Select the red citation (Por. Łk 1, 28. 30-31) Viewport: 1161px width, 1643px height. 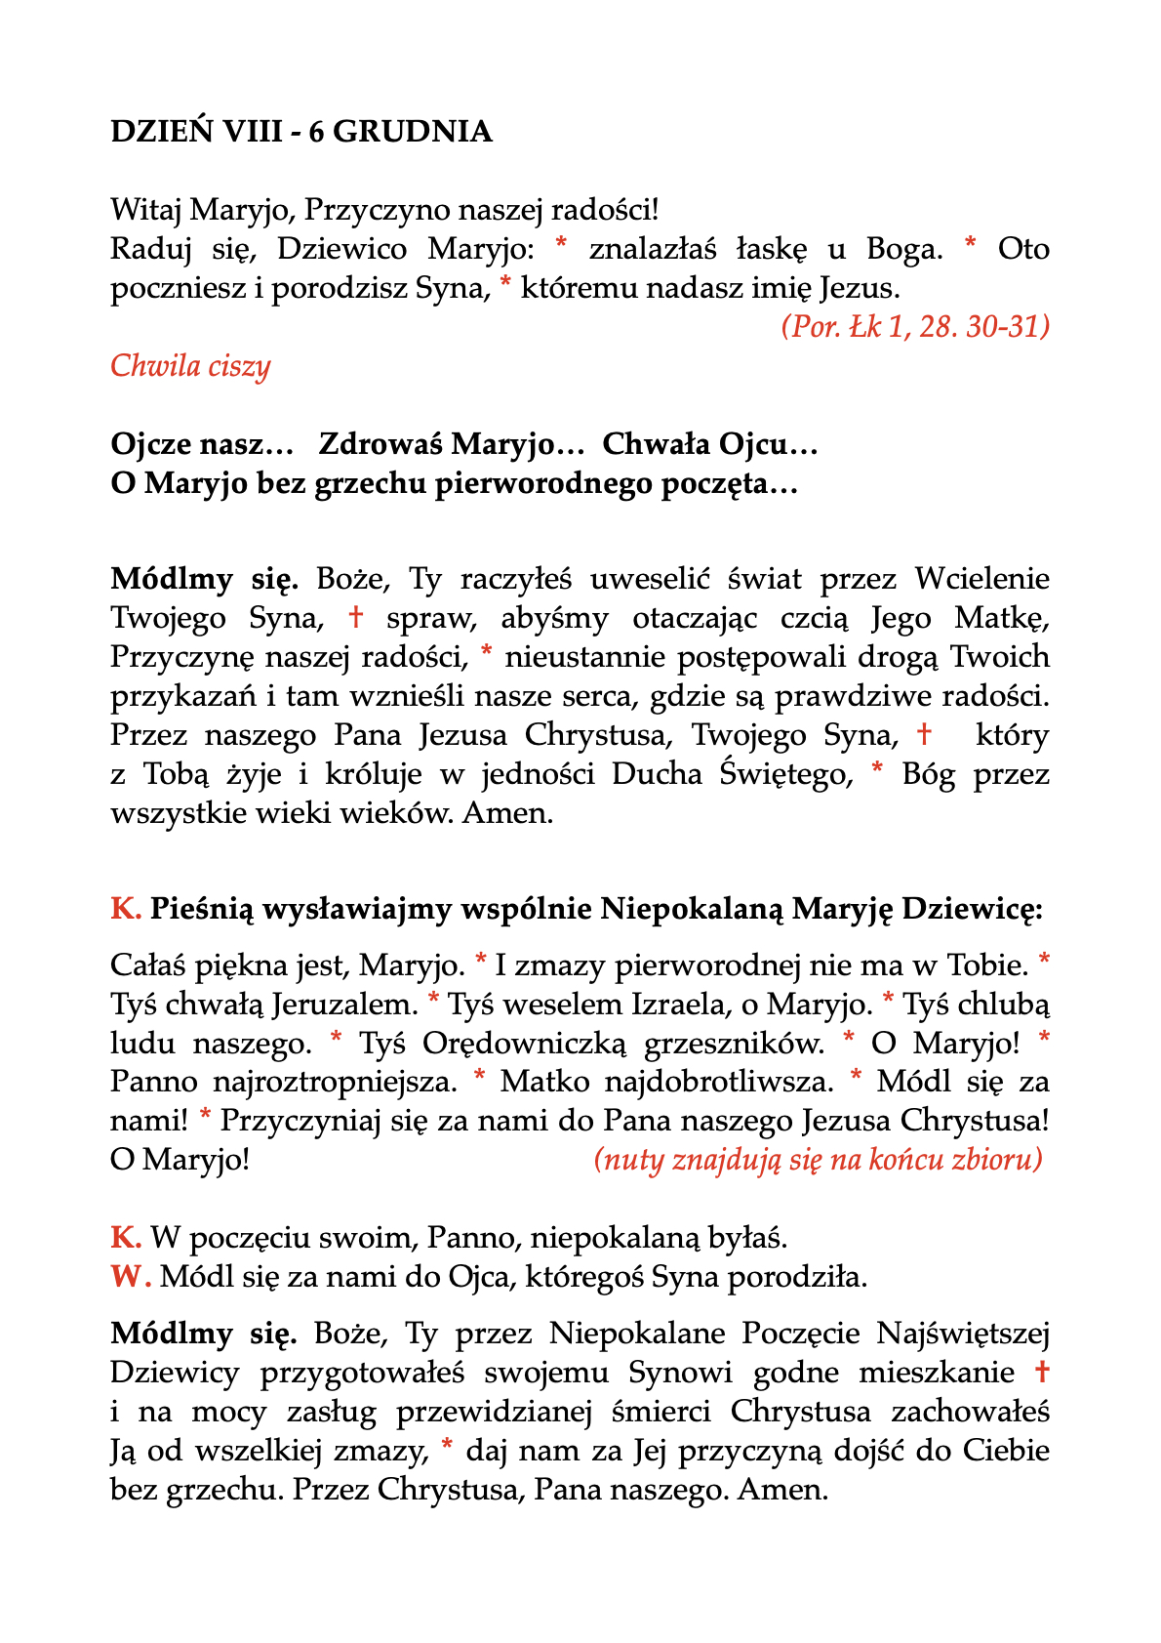coord(915,326)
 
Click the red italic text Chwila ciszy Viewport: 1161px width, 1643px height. coord(190,366)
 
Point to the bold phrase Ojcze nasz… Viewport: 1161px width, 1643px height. coord(202,445)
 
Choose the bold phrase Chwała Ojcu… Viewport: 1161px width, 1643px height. coord(709,445)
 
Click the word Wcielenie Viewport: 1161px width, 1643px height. coord(981,579)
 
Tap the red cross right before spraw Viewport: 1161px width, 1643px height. coord(356,617)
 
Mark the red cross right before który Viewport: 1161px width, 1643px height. coord(924,733)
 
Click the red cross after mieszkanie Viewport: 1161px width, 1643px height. coord(1041,1372)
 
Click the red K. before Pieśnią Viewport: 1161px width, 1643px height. coord(126,909)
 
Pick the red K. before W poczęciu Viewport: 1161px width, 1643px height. coord(126,1238)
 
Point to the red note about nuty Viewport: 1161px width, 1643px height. coord(818,1160)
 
